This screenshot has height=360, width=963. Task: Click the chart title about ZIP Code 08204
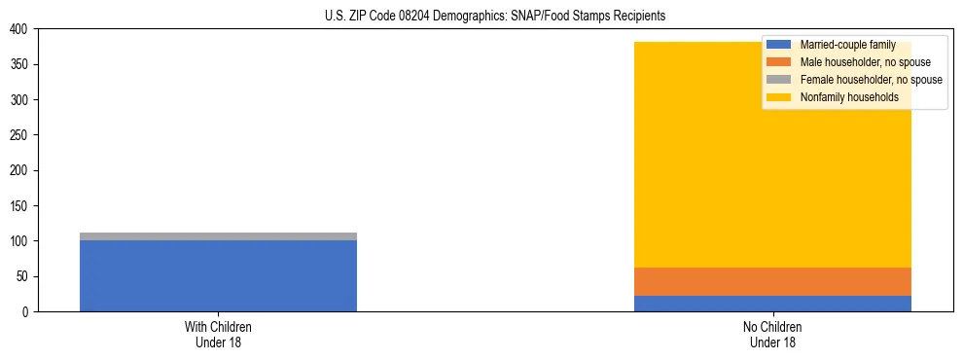click(x=495, y=17)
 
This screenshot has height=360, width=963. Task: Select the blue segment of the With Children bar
click(x=218, y=275)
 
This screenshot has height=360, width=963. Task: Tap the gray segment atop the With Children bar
click(x=218, y=236)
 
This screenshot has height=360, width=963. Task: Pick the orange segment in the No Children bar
click(x=772, y=281)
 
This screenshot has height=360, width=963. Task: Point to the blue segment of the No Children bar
click(x=772, y=304)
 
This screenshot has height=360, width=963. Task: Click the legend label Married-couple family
click(x=847, y=45)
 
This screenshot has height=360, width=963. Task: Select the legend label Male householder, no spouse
click(x=858, y=62)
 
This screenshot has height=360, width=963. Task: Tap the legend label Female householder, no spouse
click(x=871, y=80)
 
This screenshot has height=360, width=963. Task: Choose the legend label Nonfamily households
click(x=849, y=97)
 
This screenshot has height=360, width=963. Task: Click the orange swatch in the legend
click(x=779, y=62)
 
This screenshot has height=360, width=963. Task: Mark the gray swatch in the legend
click(x=779, y=80)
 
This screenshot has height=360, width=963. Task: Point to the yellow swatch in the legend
click(x=779, y=97)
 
